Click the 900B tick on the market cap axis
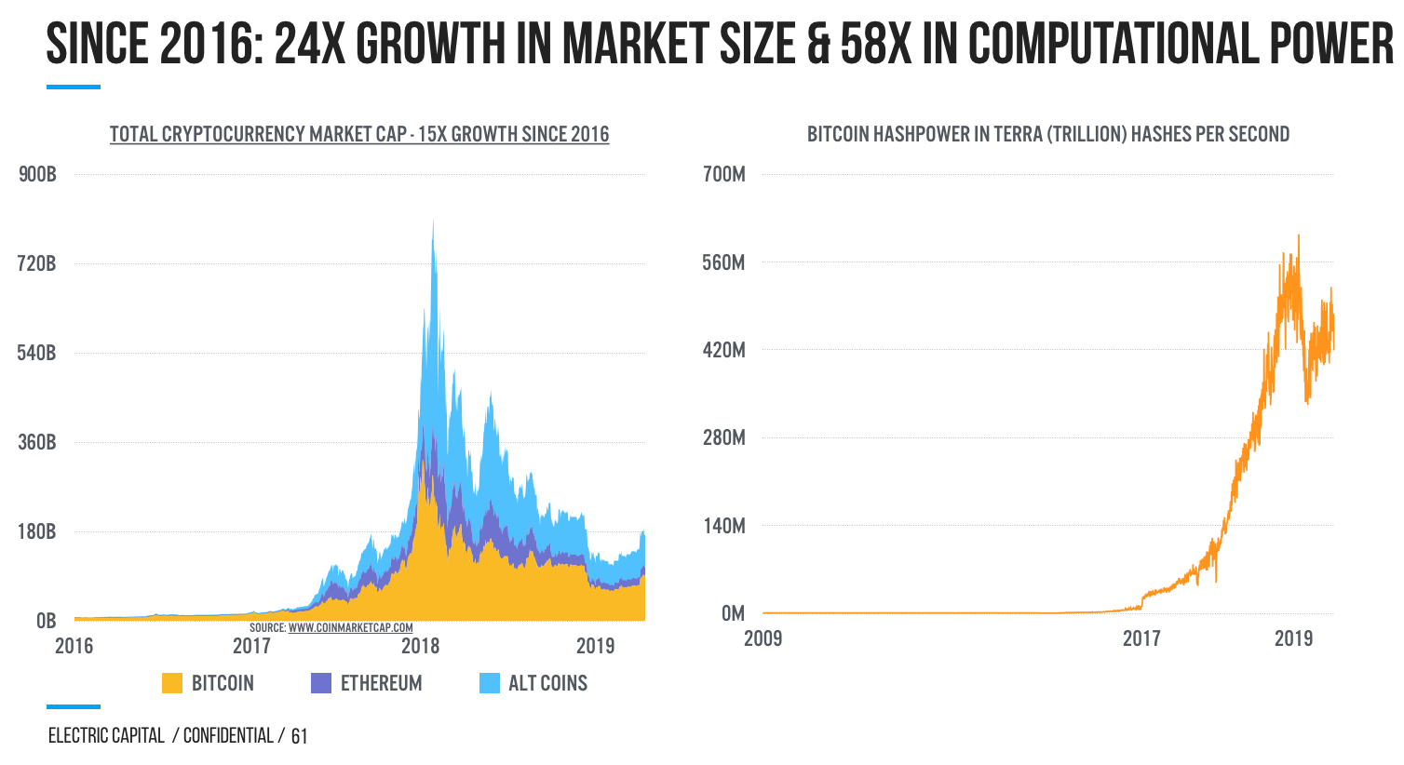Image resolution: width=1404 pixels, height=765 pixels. tap(37, 174)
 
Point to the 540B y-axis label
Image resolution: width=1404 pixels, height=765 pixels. tap(37, 353)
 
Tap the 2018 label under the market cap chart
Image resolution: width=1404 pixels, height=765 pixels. tap(420, 646)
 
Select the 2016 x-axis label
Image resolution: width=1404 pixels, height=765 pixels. tap(74, 646)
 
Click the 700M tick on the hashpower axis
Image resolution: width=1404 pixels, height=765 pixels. tap(724, 174)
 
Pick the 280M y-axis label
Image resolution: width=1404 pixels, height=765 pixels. tap(724, 437)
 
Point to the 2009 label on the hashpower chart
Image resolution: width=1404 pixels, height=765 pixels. tap(763, 638)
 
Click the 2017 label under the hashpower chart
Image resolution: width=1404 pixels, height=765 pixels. tap(1141, 638)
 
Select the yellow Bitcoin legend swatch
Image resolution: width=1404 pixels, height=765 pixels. tap(172, 683)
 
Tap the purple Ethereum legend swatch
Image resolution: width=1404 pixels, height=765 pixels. tap(321, 683)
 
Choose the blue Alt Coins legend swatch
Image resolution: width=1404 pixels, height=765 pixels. tap(490, 683)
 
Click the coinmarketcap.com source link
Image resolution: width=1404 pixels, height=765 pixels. tap(350, 628)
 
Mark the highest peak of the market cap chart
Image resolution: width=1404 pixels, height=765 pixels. tap(433, 221)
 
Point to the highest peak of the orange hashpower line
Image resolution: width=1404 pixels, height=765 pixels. tap(1299, 236)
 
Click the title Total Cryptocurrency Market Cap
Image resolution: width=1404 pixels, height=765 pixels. tap(359, 134)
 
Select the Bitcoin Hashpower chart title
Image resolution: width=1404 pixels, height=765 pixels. tap(1048, 134)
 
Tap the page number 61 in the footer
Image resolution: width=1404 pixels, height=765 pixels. tap(299, 737)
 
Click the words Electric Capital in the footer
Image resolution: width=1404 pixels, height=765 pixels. tap(106, 736)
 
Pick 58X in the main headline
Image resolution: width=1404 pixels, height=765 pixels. tap(876, 44)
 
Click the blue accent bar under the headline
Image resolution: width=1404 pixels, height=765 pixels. tap(74, 87)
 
